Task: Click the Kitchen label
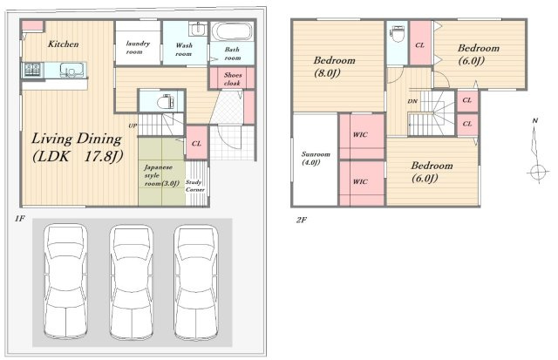point(64,44)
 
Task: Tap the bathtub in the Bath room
point(232,31)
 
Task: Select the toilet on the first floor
point(165,102)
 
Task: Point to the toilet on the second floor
point(398,34)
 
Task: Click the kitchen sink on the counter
point(73,70)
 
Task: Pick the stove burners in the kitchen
point(33,70)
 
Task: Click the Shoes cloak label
point(233,79)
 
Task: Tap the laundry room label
point(138,47)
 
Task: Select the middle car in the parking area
point(132,282)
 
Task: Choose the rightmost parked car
point(196,282)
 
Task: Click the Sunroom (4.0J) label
point(316,159)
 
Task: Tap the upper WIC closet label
point(360,135)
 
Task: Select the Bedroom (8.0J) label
point(334,66)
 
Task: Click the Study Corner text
point(194,186)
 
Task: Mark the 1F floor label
point(19,219)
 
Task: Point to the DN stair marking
point(412,101)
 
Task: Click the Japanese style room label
point(161,175)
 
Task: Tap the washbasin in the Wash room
point(197,29)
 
